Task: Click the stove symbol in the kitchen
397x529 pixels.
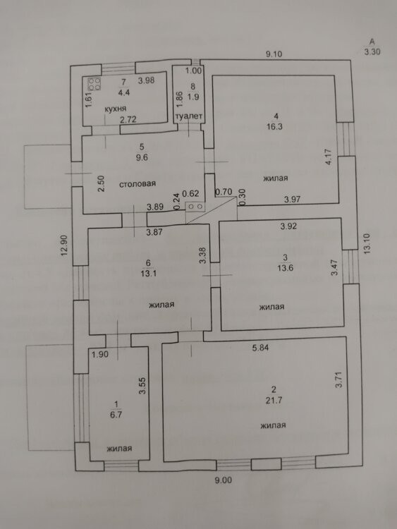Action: (x=94, y=84)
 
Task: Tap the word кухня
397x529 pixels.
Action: (x=116, y=109)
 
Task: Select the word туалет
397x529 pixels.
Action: (x=189, y=116)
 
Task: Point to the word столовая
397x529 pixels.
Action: (x=138, y=184)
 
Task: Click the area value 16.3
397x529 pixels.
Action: (x=274, y=127)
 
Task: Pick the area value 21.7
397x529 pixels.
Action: (x=274, y=401)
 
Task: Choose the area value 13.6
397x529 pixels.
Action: (x=286, y=268)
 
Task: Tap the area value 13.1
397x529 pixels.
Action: (x=149, y=274)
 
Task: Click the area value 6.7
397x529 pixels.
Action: (x=116, y=415)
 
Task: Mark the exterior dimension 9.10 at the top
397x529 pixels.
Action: (x=274, y=54)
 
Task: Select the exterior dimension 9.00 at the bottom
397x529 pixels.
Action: (x=224, y=480)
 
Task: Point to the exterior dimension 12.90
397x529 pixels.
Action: (x=64, y=245)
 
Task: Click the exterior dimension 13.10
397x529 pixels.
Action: (x=367, y=243)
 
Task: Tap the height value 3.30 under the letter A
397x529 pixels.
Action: (x=372, y=52)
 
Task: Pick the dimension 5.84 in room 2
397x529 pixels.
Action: (x=261, y=348)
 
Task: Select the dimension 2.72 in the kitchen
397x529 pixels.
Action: (x=128, y=119)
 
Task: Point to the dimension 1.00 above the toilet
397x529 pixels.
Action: (x=194, y=71)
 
